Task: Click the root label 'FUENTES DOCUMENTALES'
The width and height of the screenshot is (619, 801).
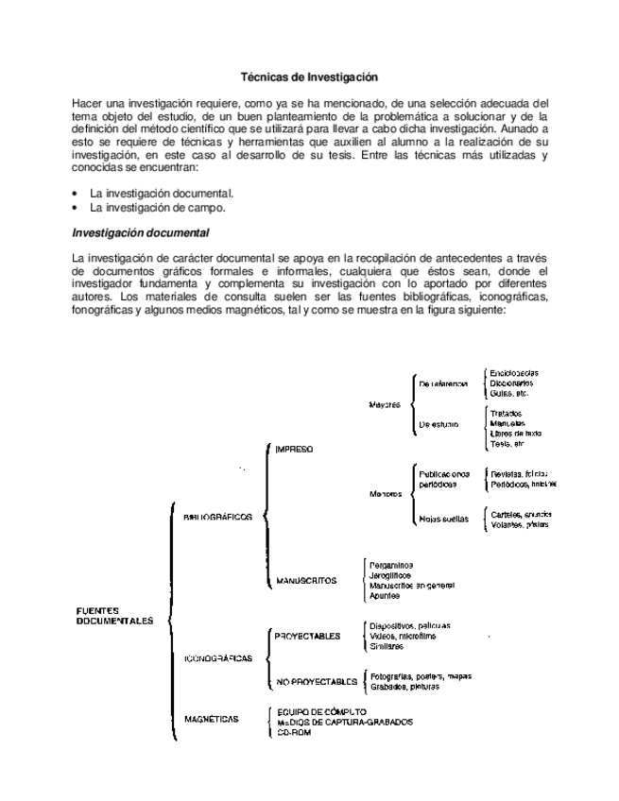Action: point(114,616)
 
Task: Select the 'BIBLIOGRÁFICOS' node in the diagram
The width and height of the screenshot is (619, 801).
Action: point(218,518)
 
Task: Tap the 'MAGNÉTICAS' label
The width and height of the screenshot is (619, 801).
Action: point(212,719)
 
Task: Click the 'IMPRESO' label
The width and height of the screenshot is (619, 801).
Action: point(294,450)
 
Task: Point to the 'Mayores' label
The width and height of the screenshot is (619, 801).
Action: point(385,404)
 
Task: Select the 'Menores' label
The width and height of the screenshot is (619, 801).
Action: point(386,493)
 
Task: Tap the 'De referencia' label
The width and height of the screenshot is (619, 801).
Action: point(443,383)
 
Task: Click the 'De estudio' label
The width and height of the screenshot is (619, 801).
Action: point(438,426)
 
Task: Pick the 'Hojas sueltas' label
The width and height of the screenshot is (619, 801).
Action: point(443,519)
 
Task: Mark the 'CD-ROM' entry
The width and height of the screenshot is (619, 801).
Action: point(295,734)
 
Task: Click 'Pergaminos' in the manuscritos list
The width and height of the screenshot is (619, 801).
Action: point(390,564)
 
